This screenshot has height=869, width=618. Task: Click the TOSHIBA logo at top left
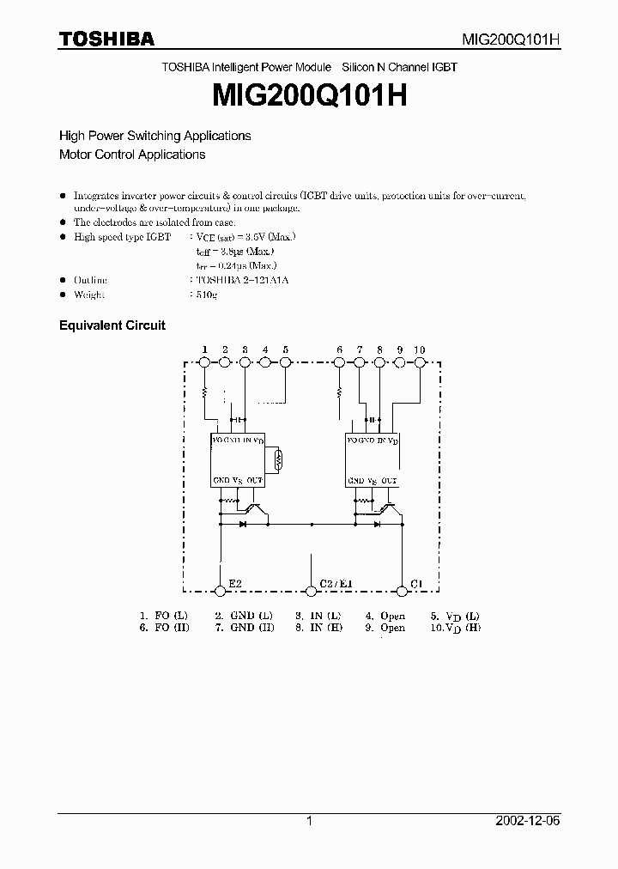coord(106,39)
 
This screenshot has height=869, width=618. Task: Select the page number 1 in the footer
coord(309,822)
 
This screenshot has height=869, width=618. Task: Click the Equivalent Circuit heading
coord(112,325)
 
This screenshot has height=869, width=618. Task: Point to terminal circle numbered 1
coord(204,363)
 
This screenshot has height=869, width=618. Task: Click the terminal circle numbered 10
coord(420,363)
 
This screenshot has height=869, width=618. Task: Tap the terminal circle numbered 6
coord(339,363)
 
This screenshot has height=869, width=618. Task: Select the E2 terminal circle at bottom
coord(221,590)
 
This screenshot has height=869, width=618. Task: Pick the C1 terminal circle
coord(401,590)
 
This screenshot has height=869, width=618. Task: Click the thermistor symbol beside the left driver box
coord(277,461)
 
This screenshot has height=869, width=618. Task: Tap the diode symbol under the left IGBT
coord(243,522)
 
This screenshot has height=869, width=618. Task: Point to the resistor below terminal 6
coord(339,393)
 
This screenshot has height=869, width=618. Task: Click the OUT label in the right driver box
coord(389,480)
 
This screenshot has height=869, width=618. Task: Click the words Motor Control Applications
coord(132,155)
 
